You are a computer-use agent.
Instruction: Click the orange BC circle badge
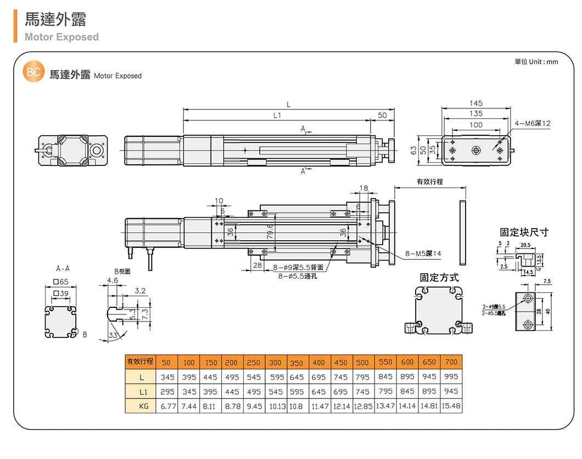coord(33,73)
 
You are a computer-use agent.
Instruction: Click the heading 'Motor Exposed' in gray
coord(61,37)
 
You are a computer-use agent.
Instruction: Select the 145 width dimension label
coord(476,103)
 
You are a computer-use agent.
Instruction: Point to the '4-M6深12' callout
coord(533,124)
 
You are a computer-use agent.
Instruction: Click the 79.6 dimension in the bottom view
coord(270,233)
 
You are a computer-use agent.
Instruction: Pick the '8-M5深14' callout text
coord(423,254)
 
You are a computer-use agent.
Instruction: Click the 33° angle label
coord(114,335)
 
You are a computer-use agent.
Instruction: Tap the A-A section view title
coord(63,270)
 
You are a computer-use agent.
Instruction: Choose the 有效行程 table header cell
coord(140,362)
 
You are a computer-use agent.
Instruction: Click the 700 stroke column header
coord(451,362)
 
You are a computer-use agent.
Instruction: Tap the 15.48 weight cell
coord(451,406)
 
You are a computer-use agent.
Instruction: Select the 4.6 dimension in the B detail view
coord(113,280)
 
